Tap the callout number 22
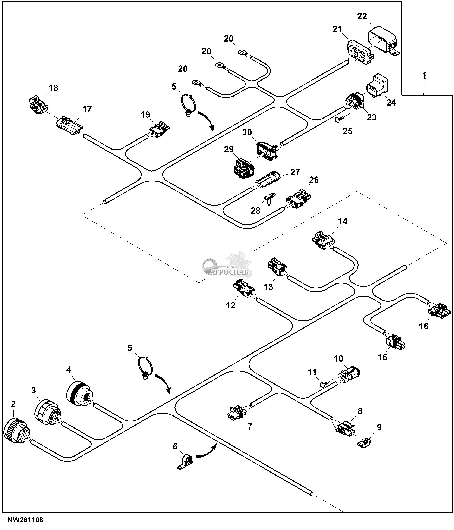(362, 16)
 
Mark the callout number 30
(247, 132)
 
